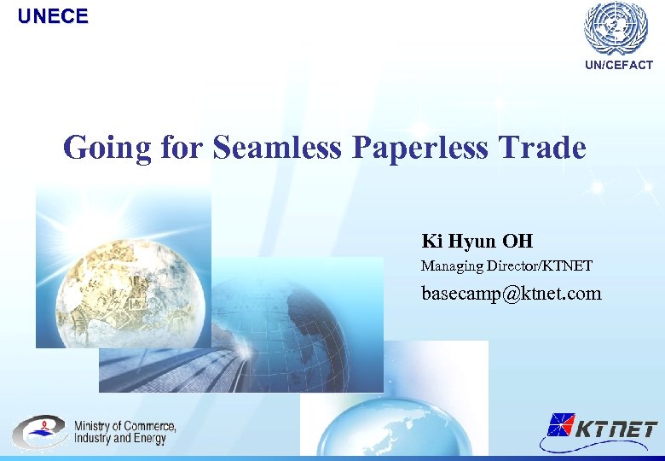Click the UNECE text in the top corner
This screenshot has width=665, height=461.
pos(53,16)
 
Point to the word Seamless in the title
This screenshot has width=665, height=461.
pos(277,147)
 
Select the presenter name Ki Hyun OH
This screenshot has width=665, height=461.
pos(477,241)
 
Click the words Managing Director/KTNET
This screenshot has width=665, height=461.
pos(506,266)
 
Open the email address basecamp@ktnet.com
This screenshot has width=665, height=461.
pos(512,294)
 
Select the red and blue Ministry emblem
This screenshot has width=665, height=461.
pos(38,432)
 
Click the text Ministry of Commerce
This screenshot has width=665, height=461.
pos(124,425)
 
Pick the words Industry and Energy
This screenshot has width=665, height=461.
pos(119,439)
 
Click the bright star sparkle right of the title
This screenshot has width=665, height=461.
pos(597,186)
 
